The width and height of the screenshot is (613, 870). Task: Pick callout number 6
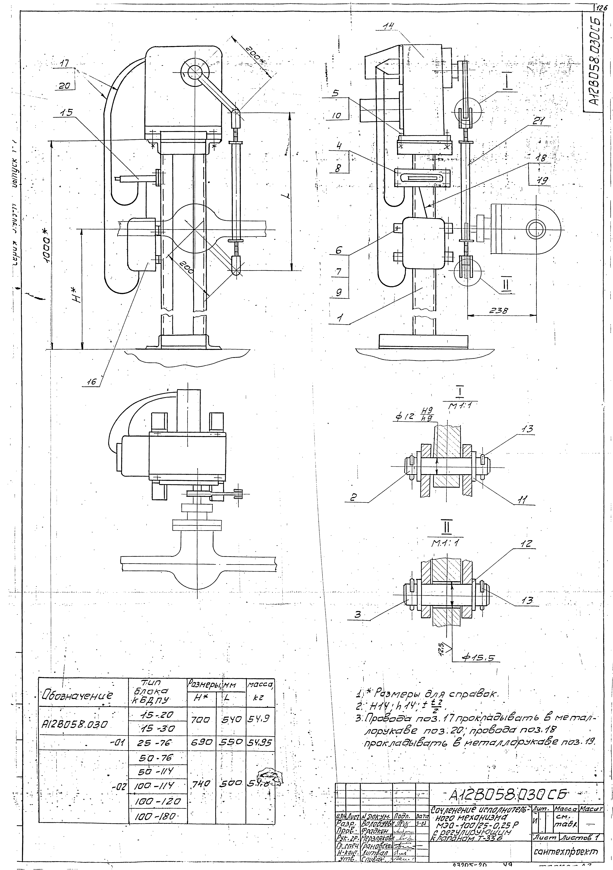(339, 250)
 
